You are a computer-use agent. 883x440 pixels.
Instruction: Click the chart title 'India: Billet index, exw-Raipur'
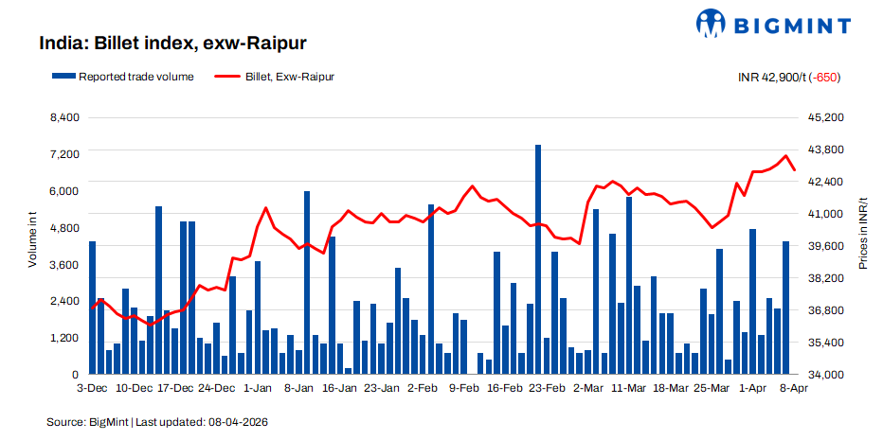tap(172, 44)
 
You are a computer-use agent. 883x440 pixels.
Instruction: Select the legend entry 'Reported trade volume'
tap(123, 77)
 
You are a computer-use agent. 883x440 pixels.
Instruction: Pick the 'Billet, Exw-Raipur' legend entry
tap(275, 77)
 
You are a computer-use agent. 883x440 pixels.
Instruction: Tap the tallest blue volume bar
tap(538, 259)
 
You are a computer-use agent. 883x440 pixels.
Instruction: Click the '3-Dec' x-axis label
tap(92, 389)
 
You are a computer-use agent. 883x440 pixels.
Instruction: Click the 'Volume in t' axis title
tap(33, 239)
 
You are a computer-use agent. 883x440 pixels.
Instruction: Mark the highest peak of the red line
tap(786, 156)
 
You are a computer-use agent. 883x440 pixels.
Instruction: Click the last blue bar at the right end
tap(786, 308)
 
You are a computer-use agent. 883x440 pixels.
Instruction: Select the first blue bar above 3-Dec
tap(92, 308)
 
